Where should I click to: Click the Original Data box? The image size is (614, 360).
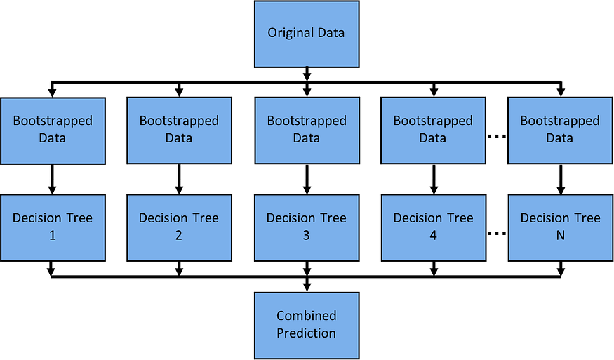point(307,34)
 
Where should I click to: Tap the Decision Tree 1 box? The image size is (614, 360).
point(53,227)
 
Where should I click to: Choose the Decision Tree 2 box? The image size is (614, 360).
point(179,227)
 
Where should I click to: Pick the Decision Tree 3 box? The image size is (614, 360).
point(307,227)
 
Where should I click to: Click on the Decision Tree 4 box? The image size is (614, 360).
point(433,227)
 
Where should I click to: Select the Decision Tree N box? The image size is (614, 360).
point(560,227)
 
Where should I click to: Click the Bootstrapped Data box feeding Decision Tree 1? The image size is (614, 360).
point(53,130)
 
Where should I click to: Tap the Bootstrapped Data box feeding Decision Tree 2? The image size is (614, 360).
point(179,130)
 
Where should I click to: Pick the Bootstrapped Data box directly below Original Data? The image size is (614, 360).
point(307,130)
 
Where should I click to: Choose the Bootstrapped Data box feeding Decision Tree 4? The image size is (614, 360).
point(433,130)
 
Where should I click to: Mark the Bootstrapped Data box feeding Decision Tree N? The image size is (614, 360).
point(560,130)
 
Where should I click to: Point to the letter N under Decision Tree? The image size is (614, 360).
point(560,236)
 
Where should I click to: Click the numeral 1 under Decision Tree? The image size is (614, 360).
point(53,236)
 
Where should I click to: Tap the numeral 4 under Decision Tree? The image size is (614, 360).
point(433,236)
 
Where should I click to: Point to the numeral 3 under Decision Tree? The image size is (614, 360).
point(307,236)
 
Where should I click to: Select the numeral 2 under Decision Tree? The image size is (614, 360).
point(179,236)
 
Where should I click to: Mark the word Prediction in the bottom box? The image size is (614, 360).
point(307,333)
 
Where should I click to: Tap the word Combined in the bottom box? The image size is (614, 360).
point(307,316)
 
